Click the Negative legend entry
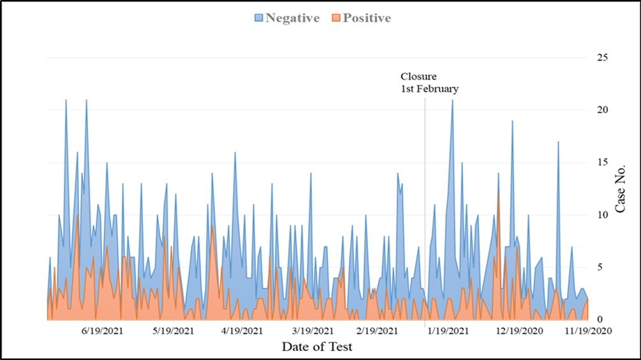coord(292,18)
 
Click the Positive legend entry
coord(367,18)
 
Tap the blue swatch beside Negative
coord(258,18)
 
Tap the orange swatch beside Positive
coord(335,18)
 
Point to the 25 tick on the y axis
coord(601,58)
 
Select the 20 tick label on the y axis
coord(601,110)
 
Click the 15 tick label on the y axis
coord(601,163)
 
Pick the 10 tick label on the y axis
coord(601,215)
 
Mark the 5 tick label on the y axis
coord(599,267)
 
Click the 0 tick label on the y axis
coord(599,319)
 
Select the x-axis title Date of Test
coord(317,347)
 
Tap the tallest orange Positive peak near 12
coord(498,194)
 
